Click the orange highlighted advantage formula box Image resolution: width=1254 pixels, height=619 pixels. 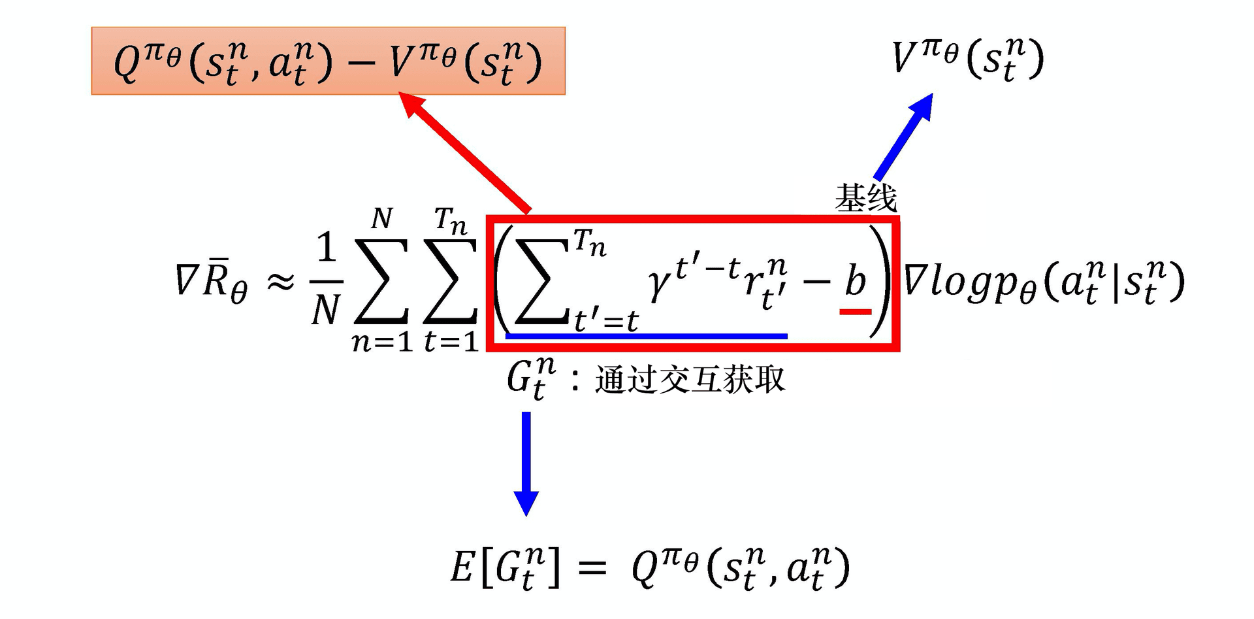[328, 61]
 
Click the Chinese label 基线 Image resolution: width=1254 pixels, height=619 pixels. [866, 198]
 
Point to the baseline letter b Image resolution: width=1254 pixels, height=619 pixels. [855, 281]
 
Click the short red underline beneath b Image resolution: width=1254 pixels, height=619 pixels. [855, 312]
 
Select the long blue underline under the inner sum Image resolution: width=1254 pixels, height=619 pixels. [647, 336]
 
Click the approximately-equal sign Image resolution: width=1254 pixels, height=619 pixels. [280, 282]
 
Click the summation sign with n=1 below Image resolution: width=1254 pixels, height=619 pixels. [381, 281]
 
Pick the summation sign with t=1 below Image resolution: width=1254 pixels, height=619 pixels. [451, 281]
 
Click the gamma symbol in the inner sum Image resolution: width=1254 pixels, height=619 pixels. [660, 285]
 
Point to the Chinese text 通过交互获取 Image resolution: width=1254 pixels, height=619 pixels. [690, 380]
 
